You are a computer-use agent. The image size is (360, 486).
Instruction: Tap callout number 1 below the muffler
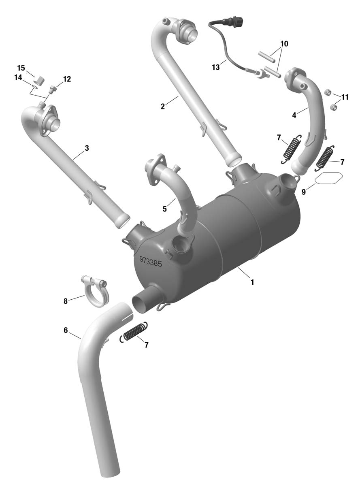click(x=252, y=282)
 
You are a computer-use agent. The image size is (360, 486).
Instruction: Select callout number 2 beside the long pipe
click(x=162, y=107)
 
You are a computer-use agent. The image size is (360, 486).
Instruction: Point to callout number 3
click(x=87, y=148)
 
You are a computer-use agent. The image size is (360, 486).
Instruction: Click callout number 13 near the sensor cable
click(x=216, y=67)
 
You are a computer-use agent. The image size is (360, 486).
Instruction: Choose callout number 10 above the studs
click(x=284, y=44)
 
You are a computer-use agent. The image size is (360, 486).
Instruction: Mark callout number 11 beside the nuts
click(x=345, y=97)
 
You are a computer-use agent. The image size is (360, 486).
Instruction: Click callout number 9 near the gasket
click(x=303, y=192)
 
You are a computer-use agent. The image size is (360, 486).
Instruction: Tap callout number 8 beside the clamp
click(x=66, y=301)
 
